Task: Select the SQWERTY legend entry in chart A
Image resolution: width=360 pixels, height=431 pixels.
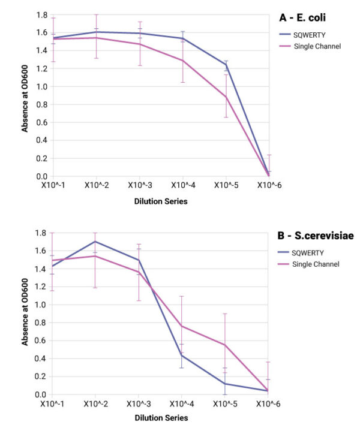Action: coord(307,35)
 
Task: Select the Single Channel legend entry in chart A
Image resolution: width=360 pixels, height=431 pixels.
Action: coord(316,46)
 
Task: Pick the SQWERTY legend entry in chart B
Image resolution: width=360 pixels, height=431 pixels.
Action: coord(307,252)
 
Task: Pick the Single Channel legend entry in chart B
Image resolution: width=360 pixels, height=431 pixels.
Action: coord(316,264)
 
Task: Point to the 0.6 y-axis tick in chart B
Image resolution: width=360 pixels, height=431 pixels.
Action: coord(41,340)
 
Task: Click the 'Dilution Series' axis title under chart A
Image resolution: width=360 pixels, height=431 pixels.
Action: coord(160,201)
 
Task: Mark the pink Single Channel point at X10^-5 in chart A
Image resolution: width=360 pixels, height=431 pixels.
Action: coord(226,97)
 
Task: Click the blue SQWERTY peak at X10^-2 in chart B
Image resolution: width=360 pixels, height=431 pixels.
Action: coord(96,242)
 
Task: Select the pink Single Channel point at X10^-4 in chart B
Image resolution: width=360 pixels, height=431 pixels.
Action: coord(182,326)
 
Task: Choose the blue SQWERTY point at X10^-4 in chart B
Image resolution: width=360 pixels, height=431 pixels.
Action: coord(182,355)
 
